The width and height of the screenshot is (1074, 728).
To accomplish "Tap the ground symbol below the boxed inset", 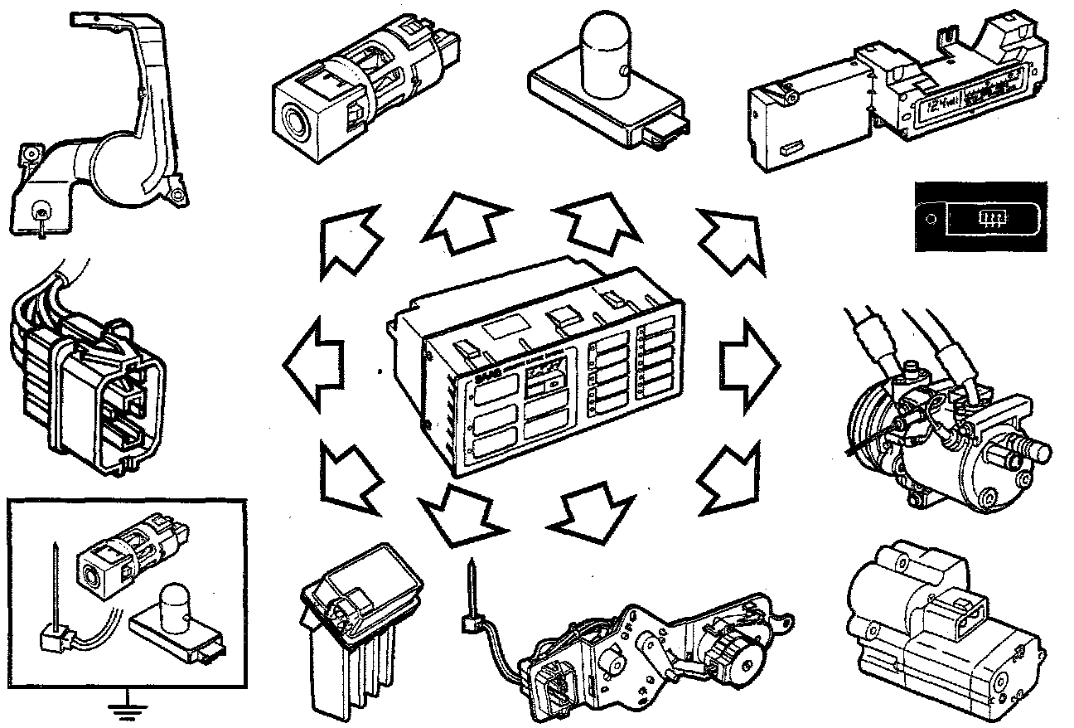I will coord(128,706).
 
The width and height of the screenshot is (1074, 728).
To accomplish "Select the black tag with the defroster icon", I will coord(980,218).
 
